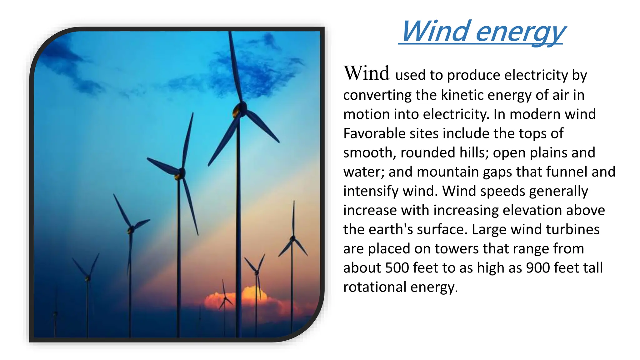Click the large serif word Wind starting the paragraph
click(367, 73)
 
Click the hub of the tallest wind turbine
click(240, 108)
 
